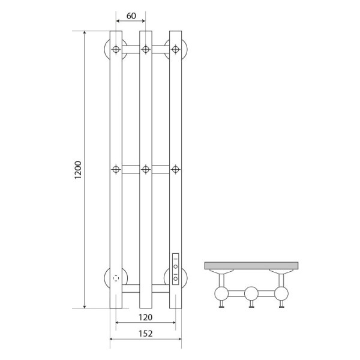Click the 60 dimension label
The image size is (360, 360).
point(131,16)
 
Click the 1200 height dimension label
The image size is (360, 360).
point(78,170)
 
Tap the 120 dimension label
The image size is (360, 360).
point(145,317)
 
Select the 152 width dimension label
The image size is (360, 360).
point(146,334)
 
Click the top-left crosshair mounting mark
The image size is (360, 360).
point(116,49)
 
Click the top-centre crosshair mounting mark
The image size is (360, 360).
point(146,49)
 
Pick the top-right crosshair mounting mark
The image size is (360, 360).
point(176,49)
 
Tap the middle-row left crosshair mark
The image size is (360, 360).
point(116,169)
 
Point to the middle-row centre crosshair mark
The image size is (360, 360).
point(146,169)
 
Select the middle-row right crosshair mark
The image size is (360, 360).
point(176,169)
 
